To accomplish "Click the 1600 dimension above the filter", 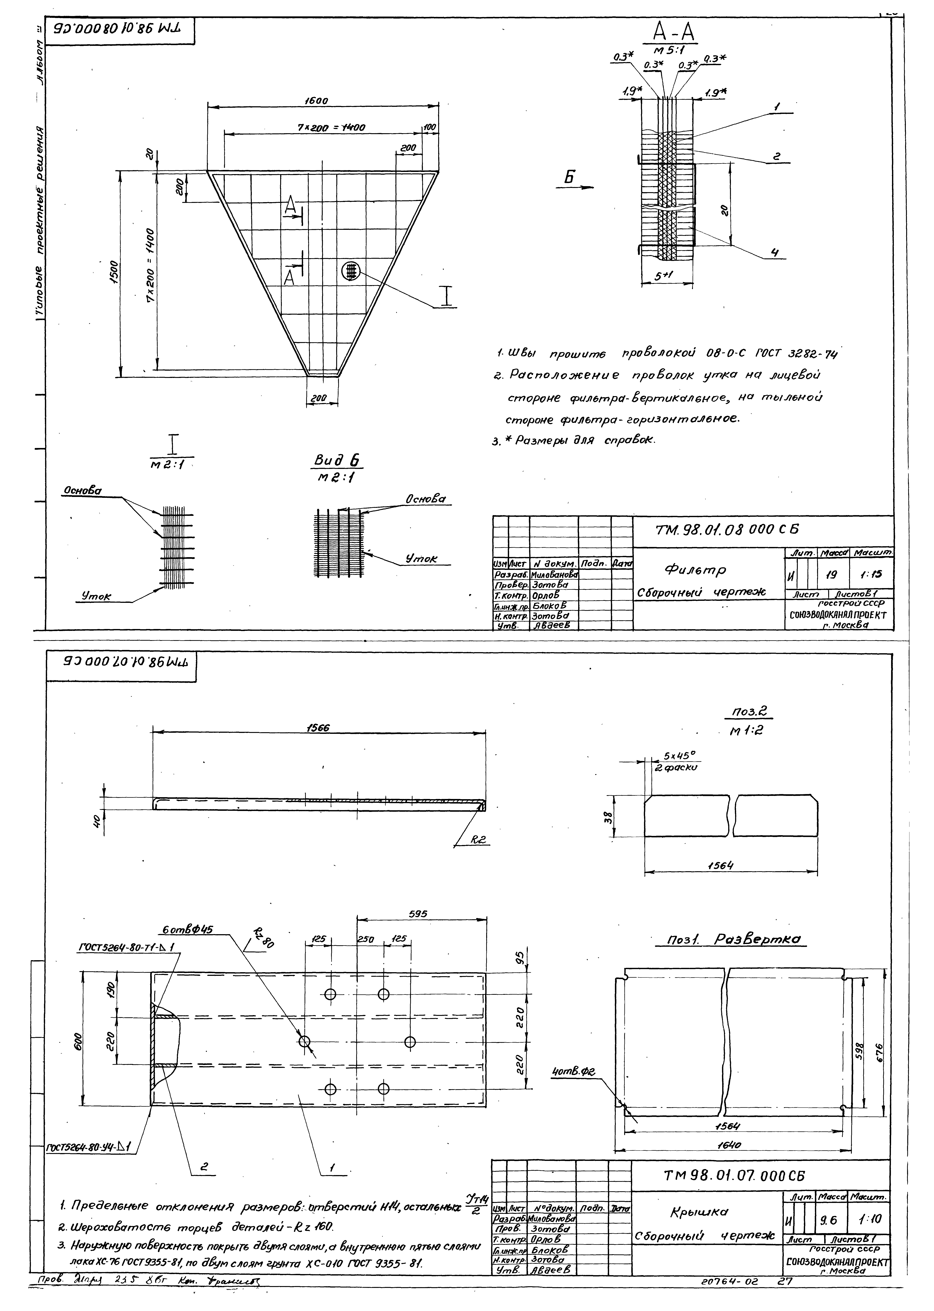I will pyautogui.click(x=316, y=101).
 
